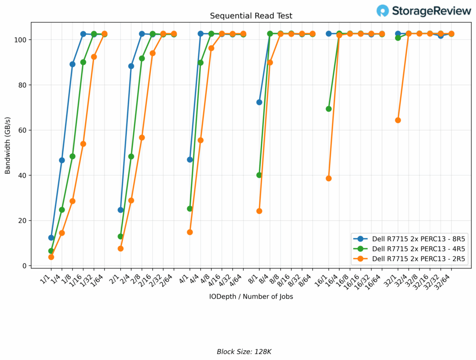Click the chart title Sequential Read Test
[251, 16]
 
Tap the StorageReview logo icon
[383, 11]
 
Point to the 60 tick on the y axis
[25, 130]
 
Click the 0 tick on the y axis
[26, 266]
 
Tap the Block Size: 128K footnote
[244, 352]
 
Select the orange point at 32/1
[398, 120]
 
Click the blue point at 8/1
[259, 102]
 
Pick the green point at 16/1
[329, 109]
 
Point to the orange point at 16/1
[329, 178]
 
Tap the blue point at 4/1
[190, 159]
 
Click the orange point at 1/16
[83, 144]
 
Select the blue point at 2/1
[120, 210]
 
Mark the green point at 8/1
[259, 175]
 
